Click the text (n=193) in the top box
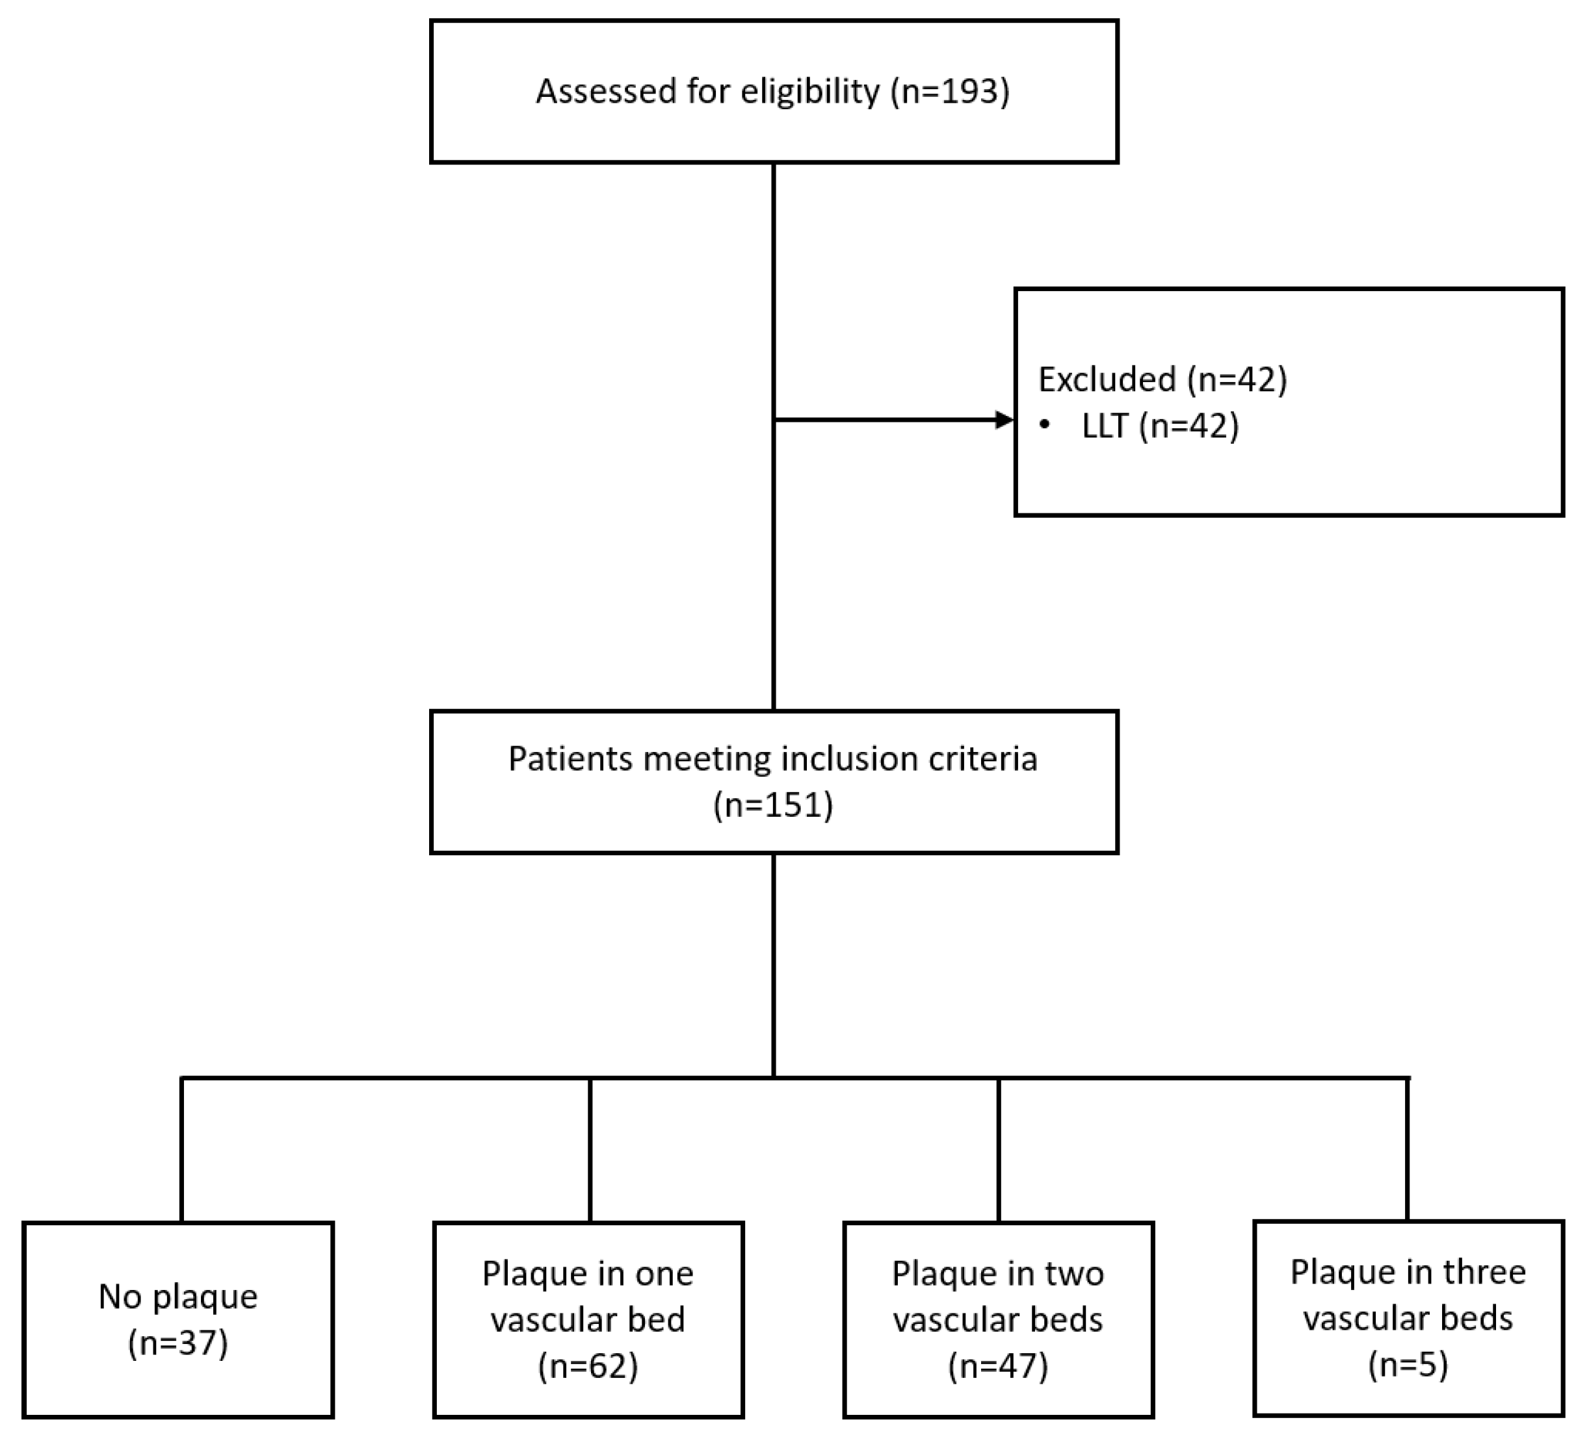click(950, 92)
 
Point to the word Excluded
click(1107, 379)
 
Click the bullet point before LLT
click(1045, 426)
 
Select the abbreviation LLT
click(1105, 426)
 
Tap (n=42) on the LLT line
click(1188, 426)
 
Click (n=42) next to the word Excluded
click(1237, 379)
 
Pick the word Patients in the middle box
click(570, 759)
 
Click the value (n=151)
click(773, 805)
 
